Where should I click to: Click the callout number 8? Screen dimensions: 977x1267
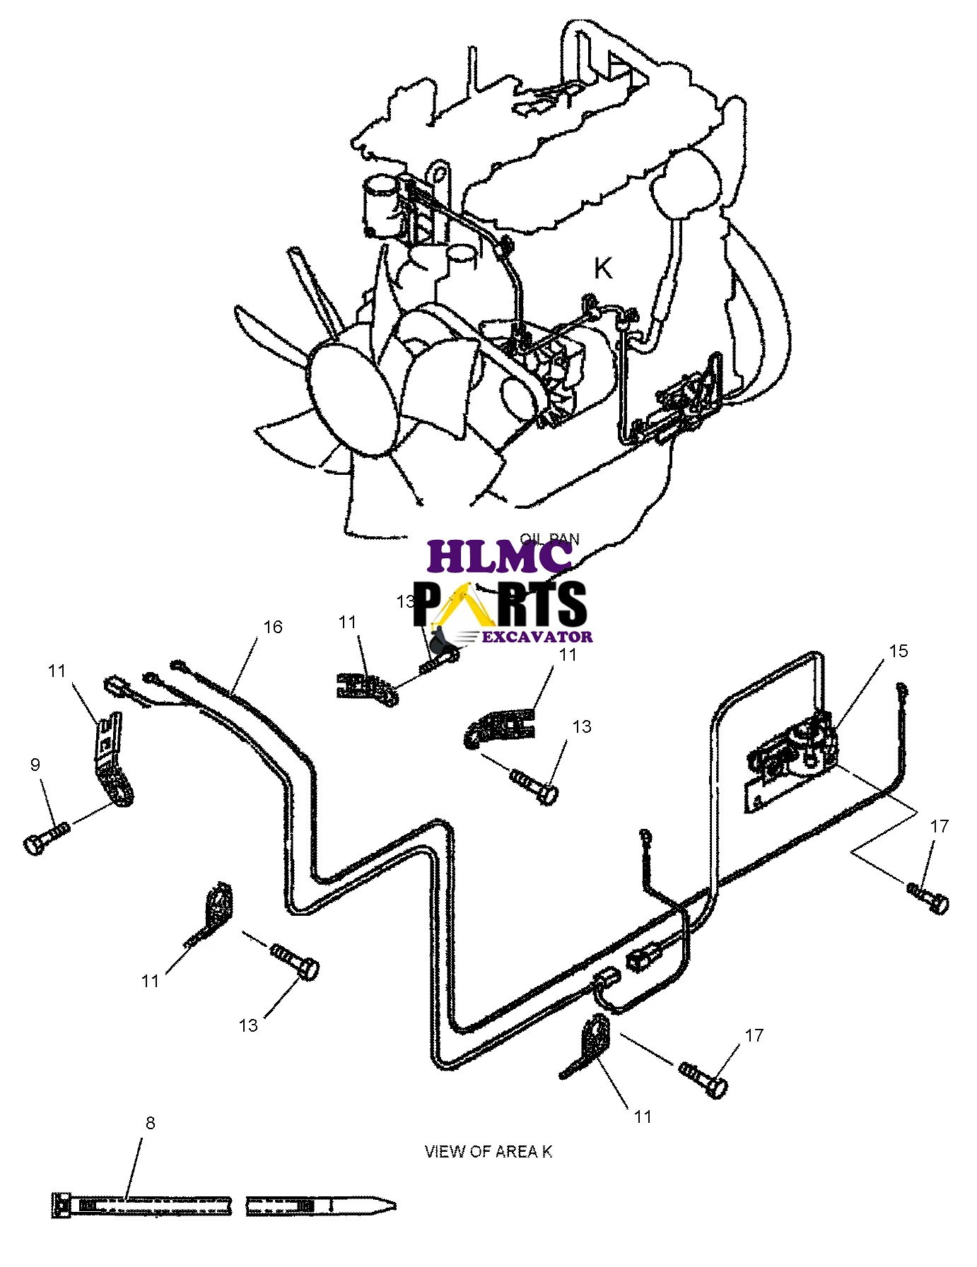click(150, 1123)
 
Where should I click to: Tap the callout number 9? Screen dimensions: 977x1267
click(35, 765)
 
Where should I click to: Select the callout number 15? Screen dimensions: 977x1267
click(898, 651)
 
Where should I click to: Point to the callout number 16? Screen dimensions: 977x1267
click(272, 627)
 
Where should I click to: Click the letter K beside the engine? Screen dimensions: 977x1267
click(603, 269)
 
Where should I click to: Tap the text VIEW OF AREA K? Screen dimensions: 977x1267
click(488, 1152)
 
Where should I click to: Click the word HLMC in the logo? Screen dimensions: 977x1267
click(499, 557)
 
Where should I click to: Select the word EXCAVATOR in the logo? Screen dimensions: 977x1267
click(537, 637)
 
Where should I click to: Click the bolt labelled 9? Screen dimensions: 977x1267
click(47, 835)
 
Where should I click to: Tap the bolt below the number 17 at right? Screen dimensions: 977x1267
click(928, 896)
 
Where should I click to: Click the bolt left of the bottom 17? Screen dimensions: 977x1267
click(703, 1078)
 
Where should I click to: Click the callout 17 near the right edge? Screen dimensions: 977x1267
click(939, 826)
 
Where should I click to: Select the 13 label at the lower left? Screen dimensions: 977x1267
click(248, 1025)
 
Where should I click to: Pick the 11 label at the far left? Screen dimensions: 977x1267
click(57, 671)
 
